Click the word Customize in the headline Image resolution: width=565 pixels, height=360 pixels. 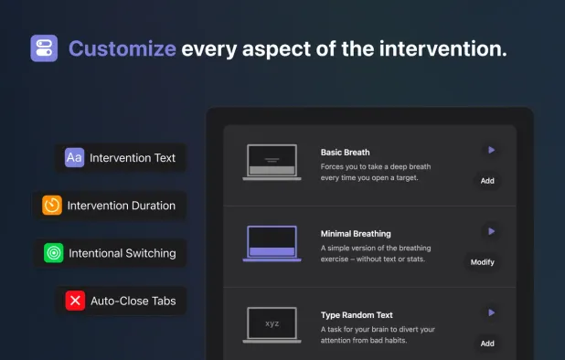click(122, 48)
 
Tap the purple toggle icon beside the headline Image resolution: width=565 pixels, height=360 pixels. click(44, 48)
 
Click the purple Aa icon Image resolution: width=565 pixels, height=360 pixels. click(75, 158)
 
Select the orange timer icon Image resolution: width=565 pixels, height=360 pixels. click(52, 206)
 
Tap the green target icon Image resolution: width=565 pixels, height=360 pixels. click(54, 253)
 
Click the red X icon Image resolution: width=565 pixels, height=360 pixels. click(76, 300)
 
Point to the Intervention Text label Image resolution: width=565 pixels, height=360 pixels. click(133, 158)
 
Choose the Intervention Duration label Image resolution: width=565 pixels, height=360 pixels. click(122, 206)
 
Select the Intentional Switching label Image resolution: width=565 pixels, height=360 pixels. click(123, 253)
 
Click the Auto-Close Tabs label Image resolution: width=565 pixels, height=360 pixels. click(133, 300)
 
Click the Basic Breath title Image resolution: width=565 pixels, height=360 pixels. click(346, 152)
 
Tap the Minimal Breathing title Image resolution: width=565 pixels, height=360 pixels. click(356, 233)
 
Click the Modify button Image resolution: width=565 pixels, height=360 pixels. click(482, 262)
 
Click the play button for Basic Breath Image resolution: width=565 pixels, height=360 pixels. click(491, 150)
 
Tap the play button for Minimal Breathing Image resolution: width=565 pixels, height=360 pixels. click(491, 232)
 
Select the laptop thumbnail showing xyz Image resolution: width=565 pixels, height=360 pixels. click(272, 324)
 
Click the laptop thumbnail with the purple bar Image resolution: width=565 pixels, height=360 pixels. click(272, 244)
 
